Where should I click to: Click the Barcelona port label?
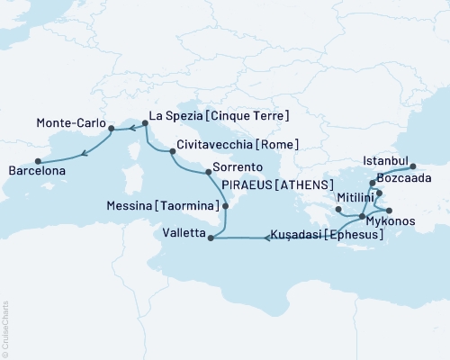(37, 171)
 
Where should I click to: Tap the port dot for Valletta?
(211, 238)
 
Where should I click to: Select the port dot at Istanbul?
(412, 166)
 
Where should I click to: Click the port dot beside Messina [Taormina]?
(225, 206)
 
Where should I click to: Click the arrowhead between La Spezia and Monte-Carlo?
(131, 129)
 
